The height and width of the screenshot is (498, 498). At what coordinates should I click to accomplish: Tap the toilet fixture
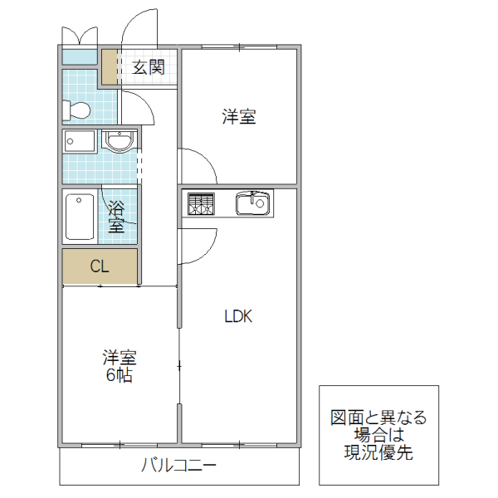pos(76,110)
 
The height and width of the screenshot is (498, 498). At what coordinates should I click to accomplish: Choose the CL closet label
pos(100,266)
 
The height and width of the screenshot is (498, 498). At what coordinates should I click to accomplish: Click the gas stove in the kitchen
pos(201,203)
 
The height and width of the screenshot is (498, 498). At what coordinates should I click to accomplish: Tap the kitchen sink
pos(251,203)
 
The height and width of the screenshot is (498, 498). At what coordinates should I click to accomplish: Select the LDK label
pos(237,316)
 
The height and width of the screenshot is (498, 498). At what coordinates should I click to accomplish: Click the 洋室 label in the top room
pos(238,118)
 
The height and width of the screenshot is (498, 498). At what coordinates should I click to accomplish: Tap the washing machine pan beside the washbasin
pos(81,141)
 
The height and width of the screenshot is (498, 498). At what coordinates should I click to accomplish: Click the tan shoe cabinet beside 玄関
pos(110,67)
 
